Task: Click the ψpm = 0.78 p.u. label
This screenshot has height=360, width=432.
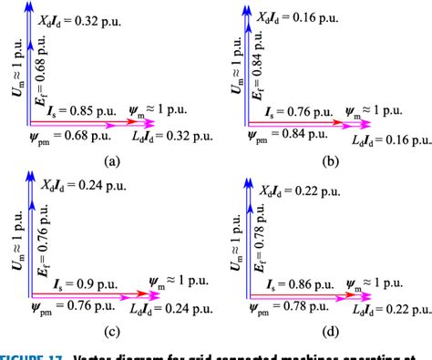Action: (283, 307)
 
